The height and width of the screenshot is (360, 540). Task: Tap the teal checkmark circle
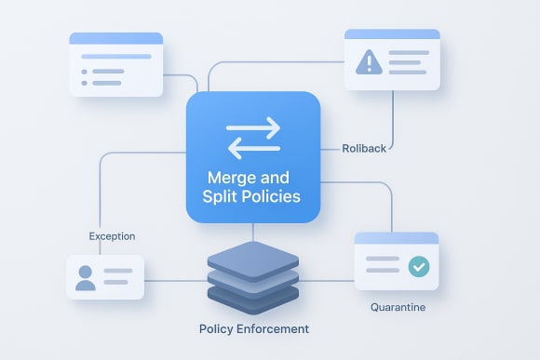[419, 266]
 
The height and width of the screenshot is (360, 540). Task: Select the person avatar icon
[86, 277]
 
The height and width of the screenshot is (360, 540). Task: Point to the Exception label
[112, 236]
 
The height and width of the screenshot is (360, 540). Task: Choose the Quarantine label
[398, 305]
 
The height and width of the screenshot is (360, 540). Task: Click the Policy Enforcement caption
[254, 329]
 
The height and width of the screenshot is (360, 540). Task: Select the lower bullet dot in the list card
[85, 82]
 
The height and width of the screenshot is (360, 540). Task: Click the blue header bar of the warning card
[391, 33]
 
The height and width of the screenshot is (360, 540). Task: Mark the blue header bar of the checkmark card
[396, 238]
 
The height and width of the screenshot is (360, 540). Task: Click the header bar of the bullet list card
[116, 39]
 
